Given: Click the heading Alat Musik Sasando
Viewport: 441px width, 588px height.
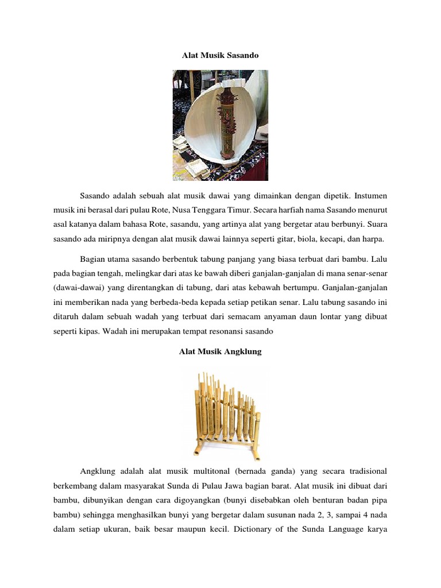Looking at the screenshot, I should coord(220,56).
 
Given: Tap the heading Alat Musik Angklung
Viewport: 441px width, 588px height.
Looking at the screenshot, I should coord(220,351).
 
